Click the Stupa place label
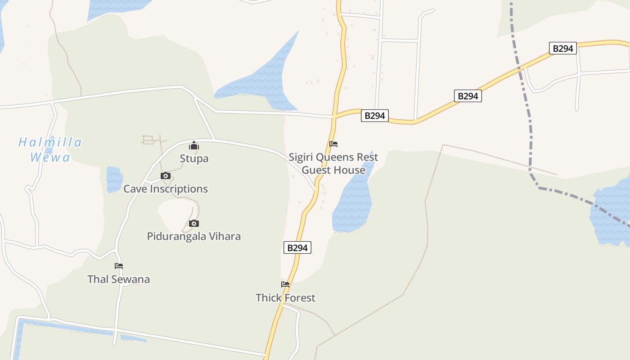tap(194, 158)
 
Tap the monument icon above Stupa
tap(194, 145)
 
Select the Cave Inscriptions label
tap(166, 189)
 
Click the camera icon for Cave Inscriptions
tap(166, 175)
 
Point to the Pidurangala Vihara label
tap(193, 236)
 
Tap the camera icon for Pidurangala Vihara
tap(194, 223)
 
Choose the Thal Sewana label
tap(118, 279)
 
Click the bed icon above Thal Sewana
tap(119, 266)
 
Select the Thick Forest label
tap(285, 297)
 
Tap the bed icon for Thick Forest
tap(285, 284)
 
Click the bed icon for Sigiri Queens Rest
tap(333, 144)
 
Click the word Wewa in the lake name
tap(50, 157)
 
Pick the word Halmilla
tap(50, 143)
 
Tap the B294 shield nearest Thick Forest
tap(297, 247)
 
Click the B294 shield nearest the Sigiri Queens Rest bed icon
tap(374, 116)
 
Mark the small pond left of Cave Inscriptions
tap(114, 179)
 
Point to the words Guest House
tap(333, 170)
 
